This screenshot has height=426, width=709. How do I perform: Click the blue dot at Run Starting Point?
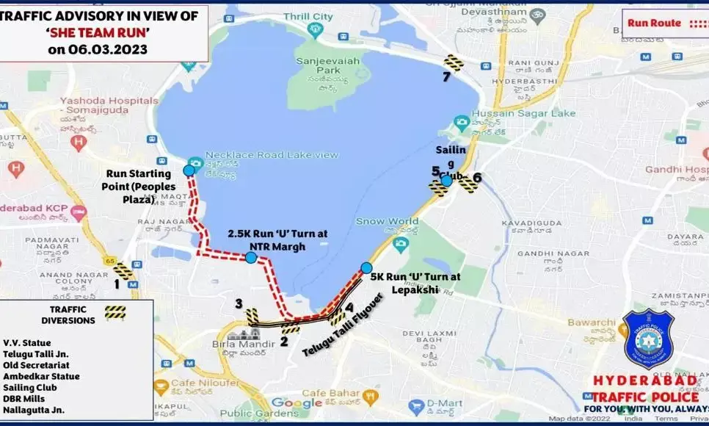click(x=189, y=170)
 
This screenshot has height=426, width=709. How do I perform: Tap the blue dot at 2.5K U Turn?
click(x=251, y=257)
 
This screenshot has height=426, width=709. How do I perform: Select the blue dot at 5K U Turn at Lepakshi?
click(x=366, y=267)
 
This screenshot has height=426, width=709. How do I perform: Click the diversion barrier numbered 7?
click(x=454, y=63)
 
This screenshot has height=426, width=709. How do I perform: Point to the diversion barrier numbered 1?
click(x=123, y=271)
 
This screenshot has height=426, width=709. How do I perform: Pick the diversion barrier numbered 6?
click(x=468, y=184)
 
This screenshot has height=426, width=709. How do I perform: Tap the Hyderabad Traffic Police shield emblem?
click(x=648, y=338)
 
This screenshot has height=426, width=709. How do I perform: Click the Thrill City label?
click(x=308, y=16)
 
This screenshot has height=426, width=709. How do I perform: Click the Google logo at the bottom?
click(x=296, y=402)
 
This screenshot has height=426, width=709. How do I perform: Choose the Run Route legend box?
click(x=664, y=23)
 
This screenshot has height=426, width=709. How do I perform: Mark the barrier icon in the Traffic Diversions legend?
click(x=115, y=312)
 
